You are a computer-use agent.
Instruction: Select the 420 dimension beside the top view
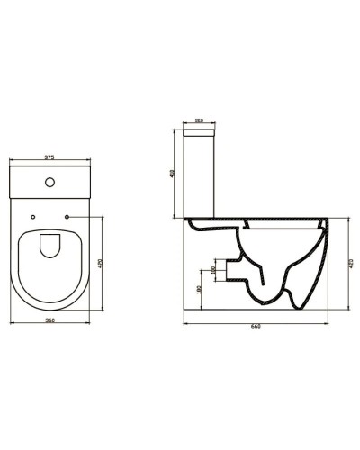[x=100, y=264]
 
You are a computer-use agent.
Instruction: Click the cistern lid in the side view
[x=201, y=132]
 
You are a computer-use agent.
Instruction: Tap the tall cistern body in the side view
[x=201, y=175]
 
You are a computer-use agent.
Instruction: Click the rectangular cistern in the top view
[x=50, y=184]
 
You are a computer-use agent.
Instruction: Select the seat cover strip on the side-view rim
[x=261, y=222]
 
